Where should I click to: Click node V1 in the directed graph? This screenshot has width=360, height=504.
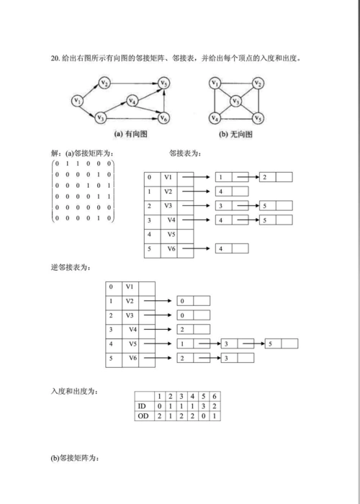(x=77, y=101)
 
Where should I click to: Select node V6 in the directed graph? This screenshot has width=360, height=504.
(x=164, y=117)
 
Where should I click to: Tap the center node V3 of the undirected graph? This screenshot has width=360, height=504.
(x=235, y=102)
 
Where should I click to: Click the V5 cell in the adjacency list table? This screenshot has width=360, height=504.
(x=170, y=234)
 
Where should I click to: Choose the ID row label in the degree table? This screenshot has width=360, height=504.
(x=142, y=406)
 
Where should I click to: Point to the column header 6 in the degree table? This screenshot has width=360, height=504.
(x=215, y=397)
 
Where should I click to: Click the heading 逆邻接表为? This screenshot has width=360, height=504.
(x=70, y=267)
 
